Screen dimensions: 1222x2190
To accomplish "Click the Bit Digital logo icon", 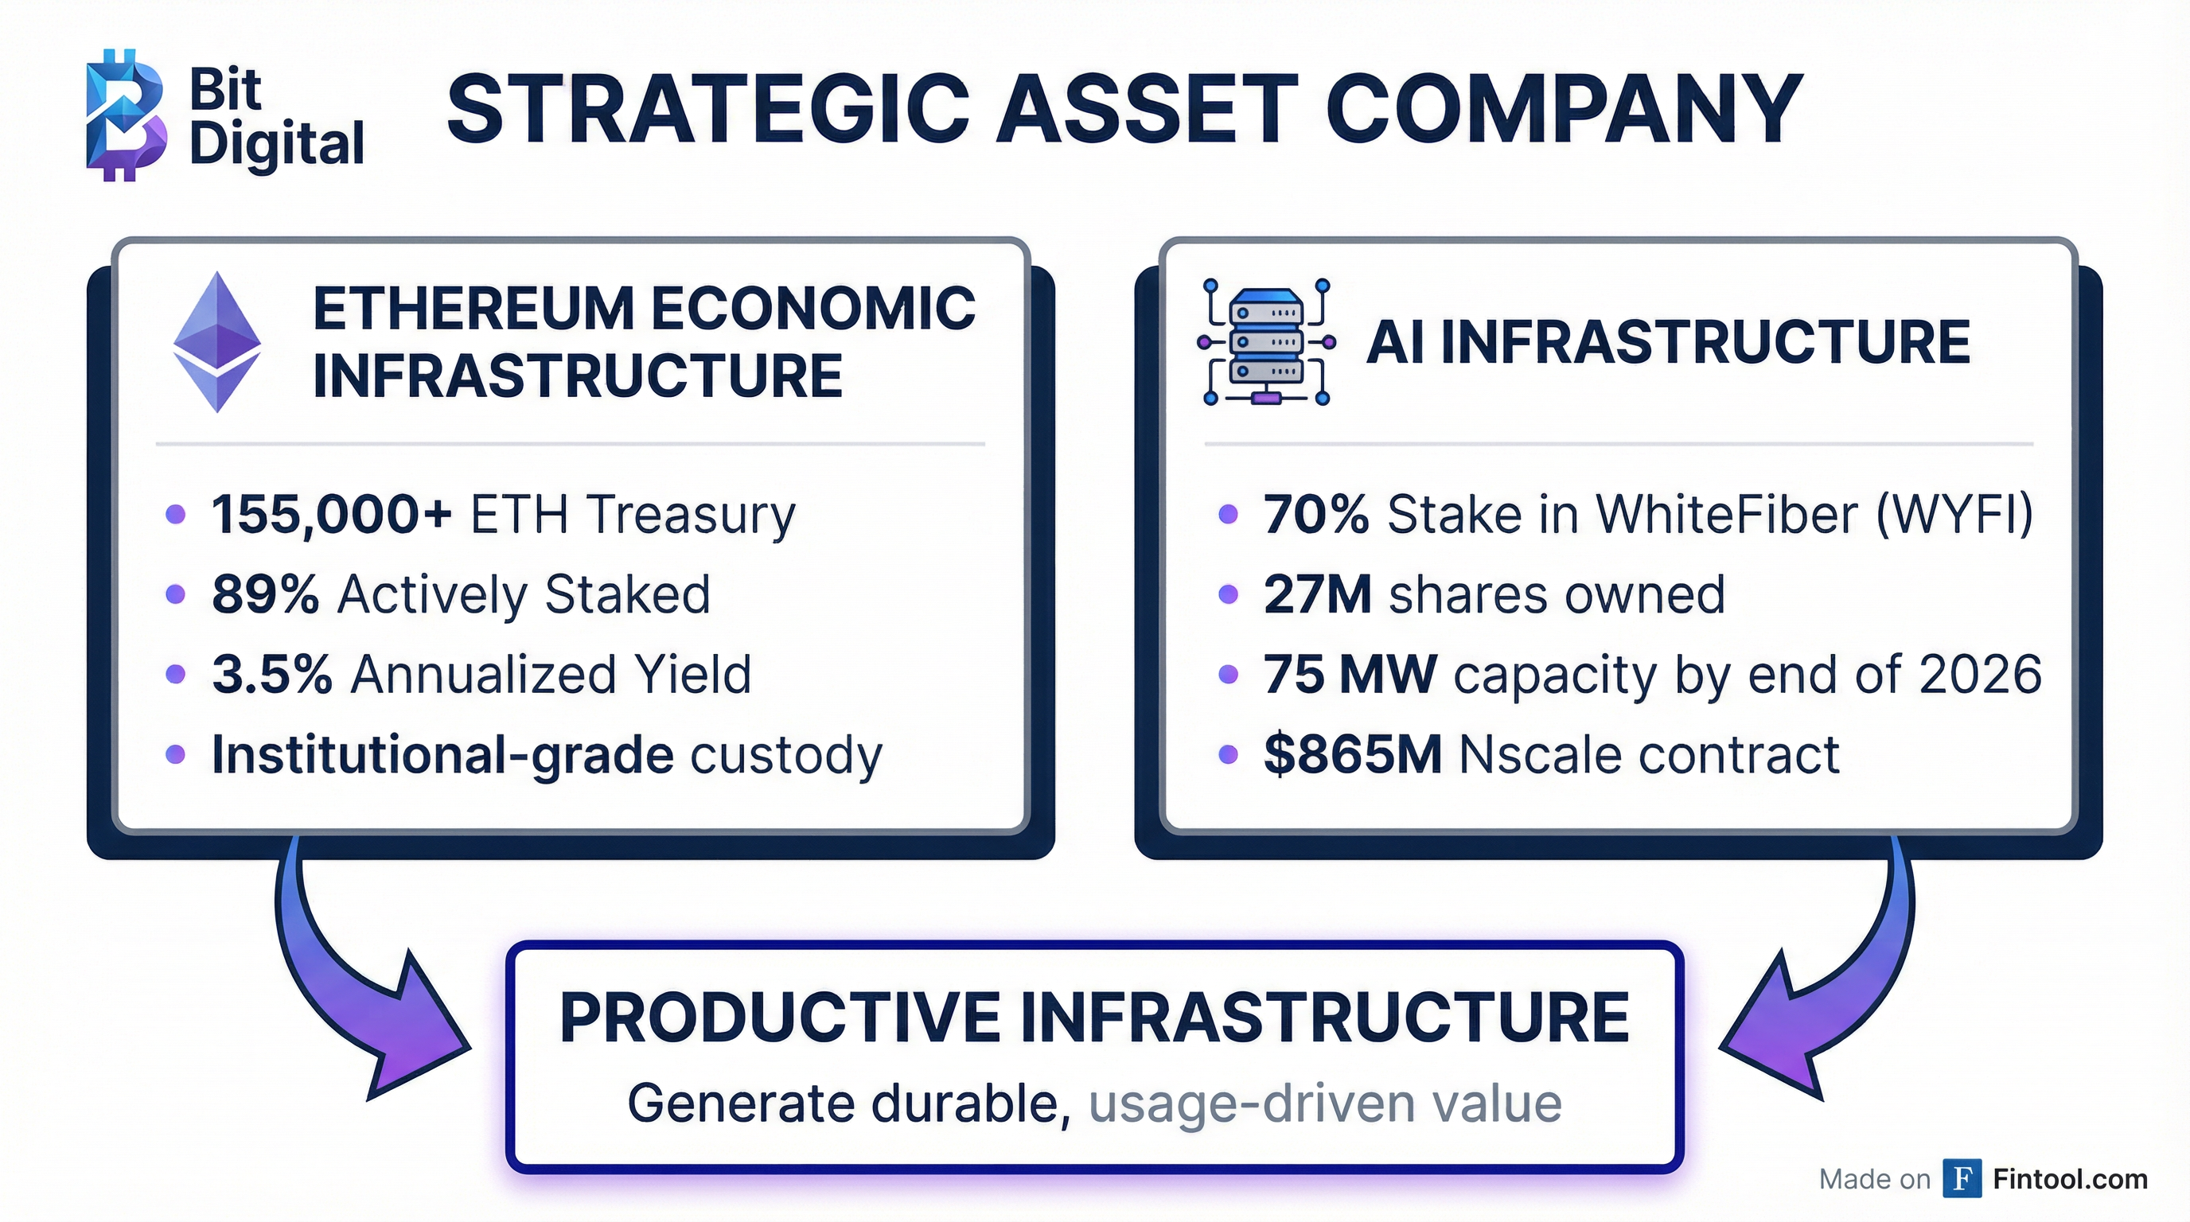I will (x=125, y=115).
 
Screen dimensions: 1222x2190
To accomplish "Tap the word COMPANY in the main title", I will (x=1563, y=111).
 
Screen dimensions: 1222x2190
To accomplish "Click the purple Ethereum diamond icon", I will (x=216, y=341).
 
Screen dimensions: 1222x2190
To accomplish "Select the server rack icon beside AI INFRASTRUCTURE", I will (x=1266, y=342).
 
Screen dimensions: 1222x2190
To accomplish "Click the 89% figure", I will (x=265, y=595).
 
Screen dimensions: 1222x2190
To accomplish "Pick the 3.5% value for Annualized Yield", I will (x=271, y=675).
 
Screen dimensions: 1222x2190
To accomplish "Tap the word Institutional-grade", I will (x=442, y=755).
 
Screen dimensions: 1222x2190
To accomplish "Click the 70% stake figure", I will (x=1315, y=515).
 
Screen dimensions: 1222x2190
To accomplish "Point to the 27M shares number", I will (x=1317, y=595).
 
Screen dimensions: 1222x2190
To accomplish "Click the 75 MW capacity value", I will (x=1349, y=675).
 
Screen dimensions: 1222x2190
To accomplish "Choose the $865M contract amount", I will (x=1352, y=755).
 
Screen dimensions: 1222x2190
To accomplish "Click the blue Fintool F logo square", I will (x=1962, y=1179).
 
